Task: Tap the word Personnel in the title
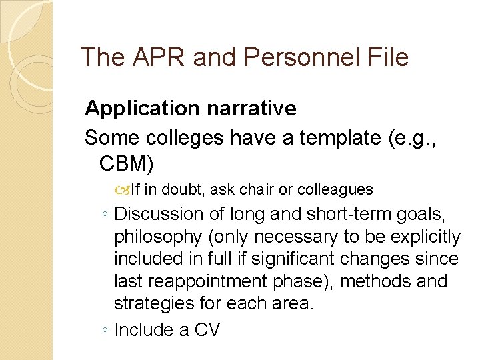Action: coord(297,57)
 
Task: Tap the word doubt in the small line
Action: coord(183,190)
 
